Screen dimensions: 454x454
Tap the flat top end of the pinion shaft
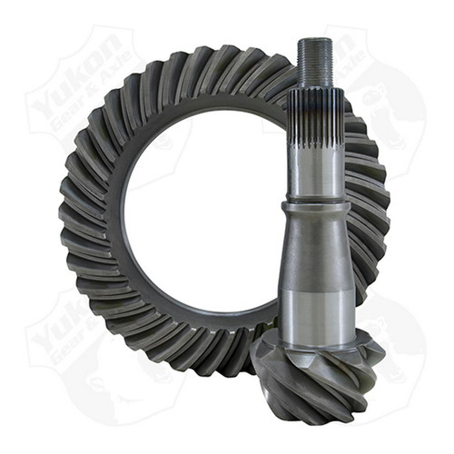coord(315,40)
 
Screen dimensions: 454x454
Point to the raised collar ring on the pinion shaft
coord(316,208)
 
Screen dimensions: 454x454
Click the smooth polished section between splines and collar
coord(316,177)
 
